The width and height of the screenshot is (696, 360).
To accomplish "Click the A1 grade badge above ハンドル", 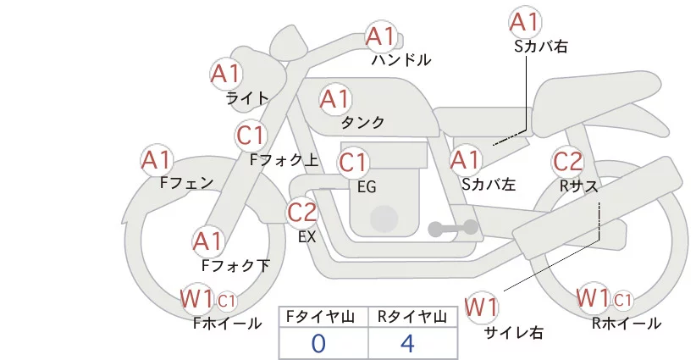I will (x=381, y=36).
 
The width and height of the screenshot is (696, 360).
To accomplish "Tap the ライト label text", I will (x=247, y=98).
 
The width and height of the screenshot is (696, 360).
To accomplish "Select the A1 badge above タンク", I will (x=334, y=99).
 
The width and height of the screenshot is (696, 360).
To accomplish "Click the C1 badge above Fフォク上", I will (x=251, y=135).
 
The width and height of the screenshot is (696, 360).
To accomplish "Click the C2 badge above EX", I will (x=302, y=212).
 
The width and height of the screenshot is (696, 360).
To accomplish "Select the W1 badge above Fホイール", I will (x=196, y=298).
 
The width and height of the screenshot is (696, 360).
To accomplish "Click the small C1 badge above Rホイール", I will (x=622, y=300).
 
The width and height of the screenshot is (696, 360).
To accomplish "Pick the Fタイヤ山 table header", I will (x=323, y=317).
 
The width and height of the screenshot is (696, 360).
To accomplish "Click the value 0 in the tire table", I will (x=318, y=344).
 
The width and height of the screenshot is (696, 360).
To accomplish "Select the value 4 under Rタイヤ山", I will (x=407, y=344).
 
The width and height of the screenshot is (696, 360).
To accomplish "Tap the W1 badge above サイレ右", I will (x=483, y=306).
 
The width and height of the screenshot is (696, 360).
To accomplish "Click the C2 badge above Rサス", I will (x=567, y=161).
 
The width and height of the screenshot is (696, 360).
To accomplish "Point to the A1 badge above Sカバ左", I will (x=465, y=158).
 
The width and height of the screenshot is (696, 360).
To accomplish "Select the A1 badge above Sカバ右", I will (x=525, y=21).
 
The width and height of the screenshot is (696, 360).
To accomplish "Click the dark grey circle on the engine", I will (x=385, y=219).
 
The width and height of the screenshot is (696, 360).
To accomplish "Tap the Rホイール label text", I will (x=627, y=324).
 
